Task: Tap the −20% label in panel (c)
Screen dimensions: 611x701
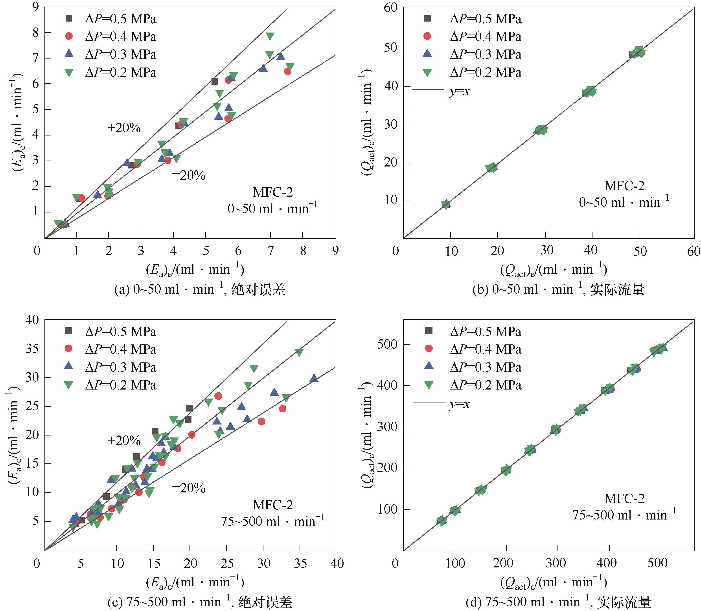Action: [189, 488]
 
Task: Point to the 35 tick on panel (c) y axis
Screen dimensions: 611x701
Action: [32, 349]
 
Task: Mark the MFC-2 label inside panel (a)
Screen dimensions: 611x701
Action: [272, 192]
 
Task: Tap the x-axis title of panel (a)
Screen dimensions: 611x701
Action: [195, 269]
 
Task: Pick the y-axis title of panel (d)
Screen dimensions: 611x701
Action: [366, 435]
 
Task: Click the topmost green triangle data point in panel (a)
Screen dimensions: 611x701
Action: [270, 36]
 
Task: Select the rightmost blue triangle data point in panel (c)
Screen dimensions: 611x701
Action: [314, 378]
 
